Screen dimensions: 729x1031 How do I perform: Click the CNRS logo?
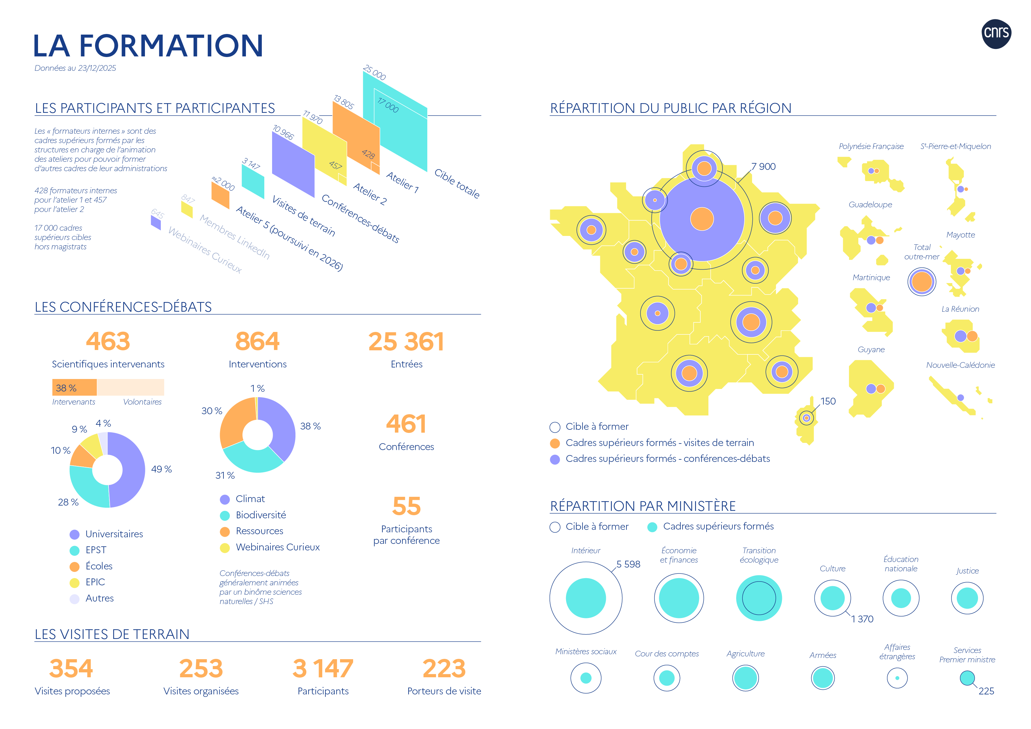coord(996,34)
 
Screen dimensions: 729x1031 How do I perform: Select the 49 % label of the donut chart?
coord(161,469)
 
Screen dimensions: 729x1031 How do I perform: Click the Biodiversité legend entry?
coord(261,515)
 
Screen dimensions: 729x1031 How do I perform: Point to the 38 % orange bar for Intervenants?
coord(74,387)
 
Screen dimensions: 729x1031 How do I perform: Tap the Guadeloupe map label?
coord(870,204)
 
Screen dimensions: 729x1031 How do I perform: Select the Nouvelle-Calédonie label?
coord(960,365)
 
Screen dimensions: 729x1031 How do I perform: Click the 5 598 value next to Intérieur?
coord(628,564)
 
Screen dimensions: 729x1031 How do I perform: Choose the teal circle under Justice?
coord(967,598)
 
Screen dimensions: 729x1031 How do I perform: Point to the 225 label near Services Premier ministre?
coord(986,691)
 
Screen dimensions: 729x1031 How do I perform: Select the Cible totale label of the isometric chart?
coord(457,183)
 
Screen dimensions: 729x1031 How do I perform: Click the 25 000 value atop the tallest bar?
coord(375,72)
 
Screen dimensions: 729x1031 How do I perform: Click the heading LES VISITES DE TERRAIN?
coord(112,634)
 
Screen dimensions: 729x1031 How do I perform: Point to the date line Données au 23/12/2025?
coord(75,68)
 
